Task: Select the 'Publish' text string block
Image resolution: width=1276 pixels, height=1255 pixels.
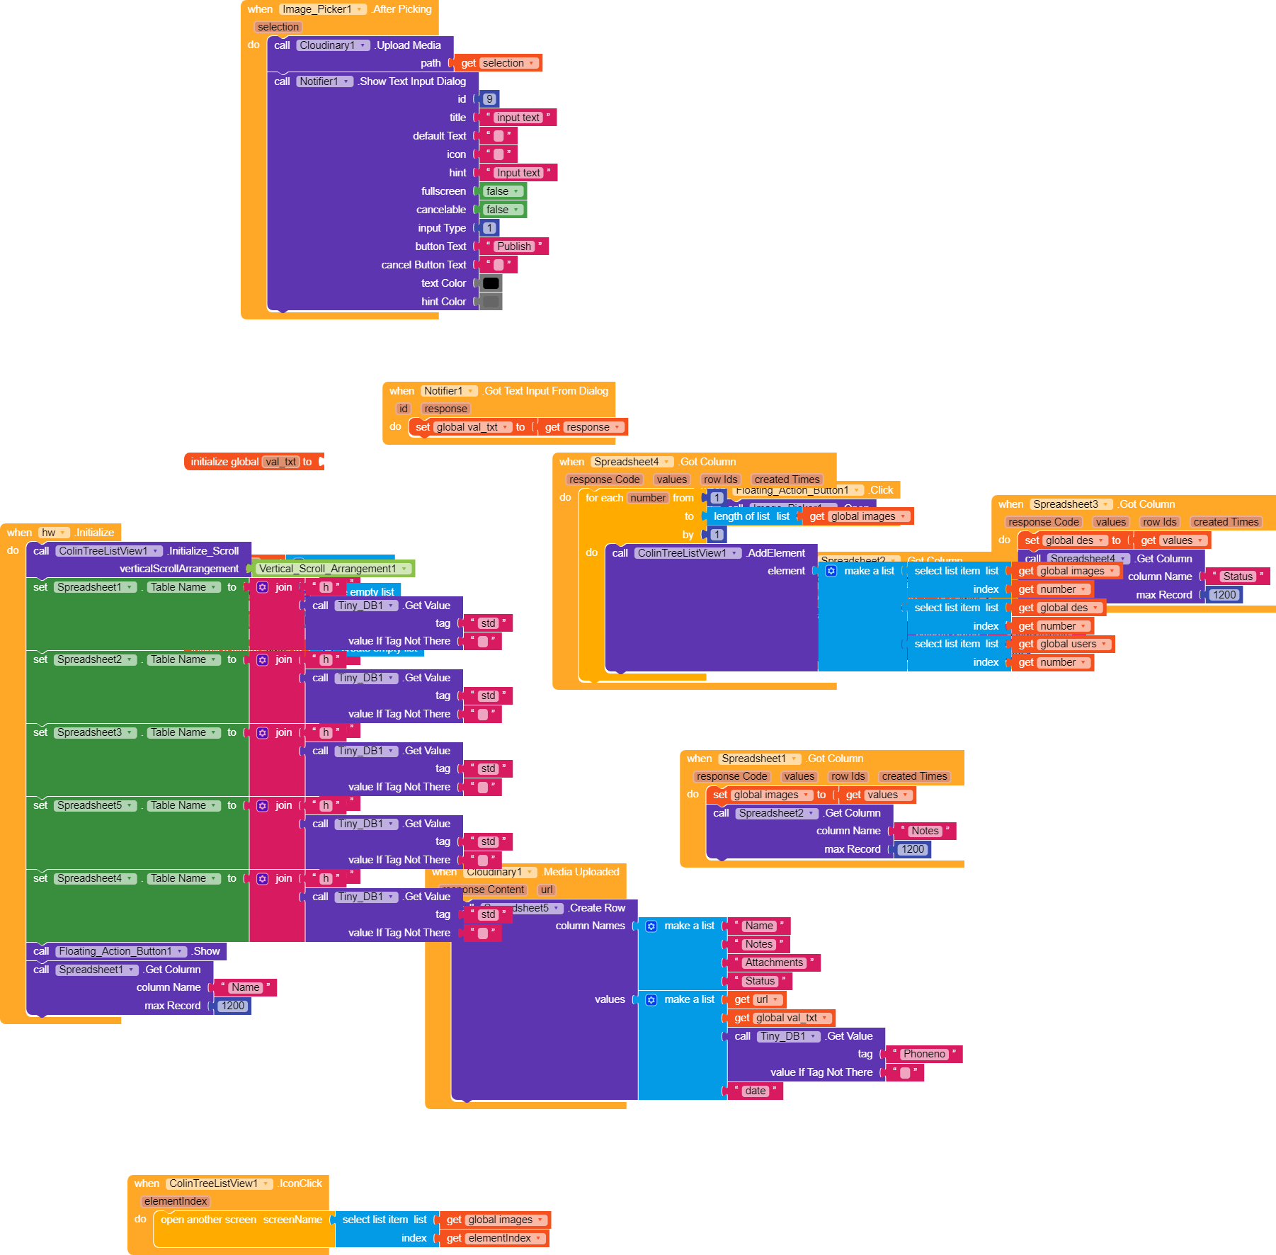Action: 513,246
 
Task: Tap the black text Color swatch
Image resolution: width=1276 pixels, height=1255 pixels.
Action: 491,283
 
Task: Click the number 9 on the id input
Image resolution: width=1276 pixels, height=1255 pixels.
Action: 489,99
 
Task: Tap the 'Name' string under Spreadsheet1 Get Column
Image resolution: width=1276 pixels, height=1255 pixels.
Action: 245,987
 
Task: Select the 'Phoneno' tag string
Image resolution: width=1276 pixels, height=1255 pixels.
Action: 924,1054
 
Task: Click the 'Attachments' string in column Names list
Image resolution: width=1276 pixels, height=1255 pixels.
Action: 774,962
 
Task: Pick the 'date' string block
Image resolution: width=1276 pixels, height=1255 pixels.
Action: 755,1091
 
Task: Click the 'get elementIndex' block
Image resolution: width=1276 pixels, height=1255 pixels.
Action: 494,1238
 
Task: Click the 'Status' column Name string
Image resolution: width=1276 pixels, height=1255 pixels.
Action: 1238,577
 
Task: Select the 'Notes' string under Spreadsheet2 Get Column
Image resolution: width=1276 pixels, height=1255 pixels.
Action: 925,831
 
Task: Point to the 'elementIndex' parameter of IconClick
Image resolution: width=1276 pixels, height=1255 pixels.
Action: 176,1201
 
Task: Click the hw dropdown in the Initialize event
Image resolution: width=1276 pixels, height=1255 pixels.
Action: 54,533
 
